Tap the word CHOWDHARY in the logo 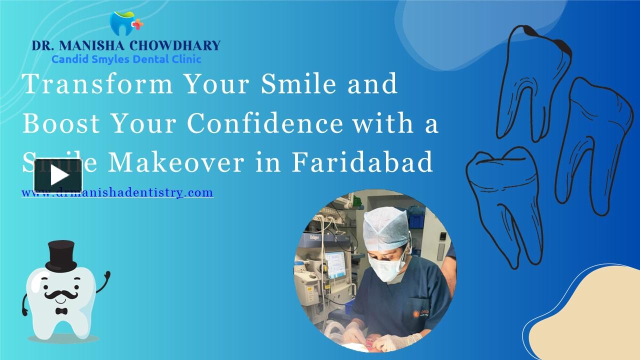tap(174, 45)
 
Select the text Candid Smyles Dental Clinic tap(126, 59)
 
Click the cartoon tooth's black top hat tap(60, 255)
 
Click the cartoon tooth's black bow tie tap(61, 311)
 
